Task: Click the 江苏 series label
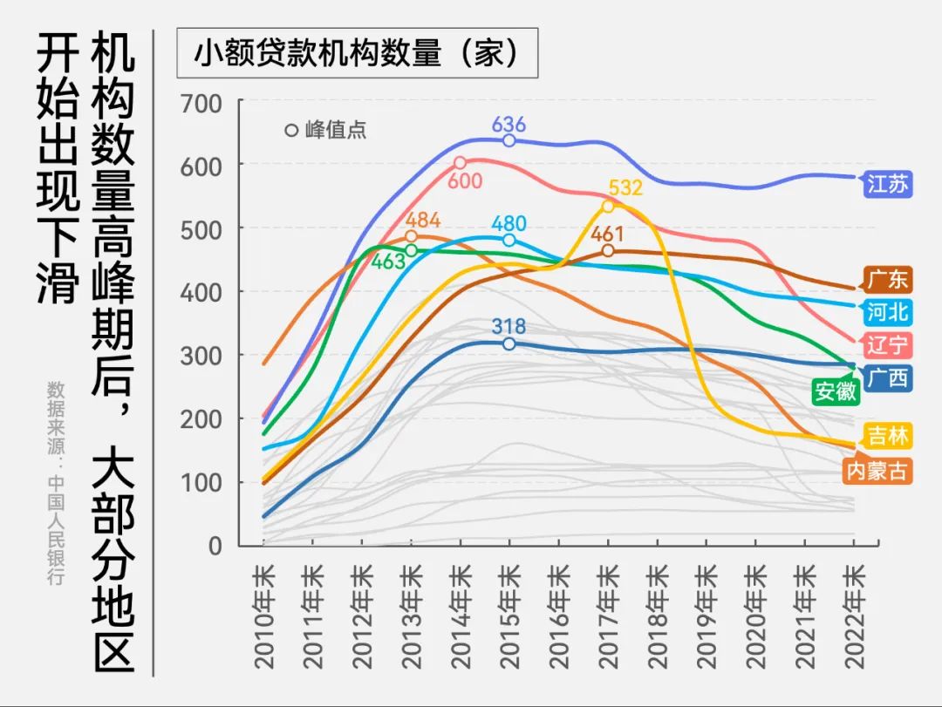click(x=886, y=185)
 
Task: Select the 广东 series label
click(x=886, y=280)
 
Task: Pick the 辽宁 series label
click(x=886, y=345)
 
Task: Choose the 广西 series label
click(x=886, y=377)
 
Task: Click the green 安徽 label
click(x=834, y=391)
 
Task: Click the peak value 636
click(x=509, y=123)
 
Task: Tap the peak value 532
click(x=625, y=187)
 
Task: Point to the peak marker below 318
click(x=509, y=343)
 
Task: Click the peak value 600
click(x=466, y=180)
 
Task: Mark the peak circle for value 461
click(x=608, y=251)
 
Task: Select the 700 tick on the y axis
click(x=201, y=103)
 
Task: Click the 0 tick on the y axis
click(x=215, y=546)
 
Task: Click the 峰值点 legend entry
click(x=326, y=131)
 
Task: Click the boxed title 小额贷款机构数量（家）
click(x=357, y=54)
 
